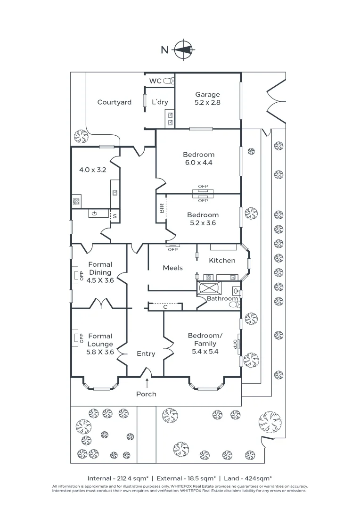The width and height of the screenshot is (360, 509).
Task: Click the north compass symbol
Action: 183,49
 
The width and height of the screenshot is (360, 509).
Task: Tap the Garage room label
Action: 207,94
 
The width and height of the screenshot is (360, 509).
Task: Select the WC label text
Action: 155,81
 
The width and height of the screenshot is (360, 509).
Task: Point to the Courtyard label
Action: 114,102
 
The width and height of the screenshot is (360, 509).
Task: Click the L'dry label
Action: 160,102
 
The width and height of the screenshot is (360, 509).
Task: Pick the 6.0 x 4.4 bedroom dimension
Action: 198,163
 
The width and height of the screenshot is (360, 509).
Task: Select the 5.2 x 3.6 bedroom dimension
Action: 203,223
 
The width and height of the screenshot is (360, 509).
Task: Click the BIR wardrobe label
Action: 162,208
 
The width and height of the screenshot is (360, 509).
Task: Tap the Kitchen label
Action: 222,260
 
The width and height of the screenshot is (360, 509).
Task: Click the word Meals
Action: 172,268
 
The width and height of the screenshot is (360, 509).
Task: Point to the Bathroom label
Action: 222,298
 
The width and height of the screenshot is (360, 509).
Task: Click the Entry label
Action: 146,353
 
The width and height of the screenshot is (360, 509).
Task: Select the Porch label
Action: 146,394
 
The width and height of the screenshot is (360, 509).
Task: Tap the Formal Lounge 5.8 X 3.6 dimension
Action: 100,352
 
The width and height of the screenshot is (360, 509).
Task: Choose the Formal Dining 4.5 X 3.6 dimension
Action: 100,280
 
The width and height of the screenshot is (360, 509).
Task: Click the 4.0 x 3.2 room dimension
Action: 92,170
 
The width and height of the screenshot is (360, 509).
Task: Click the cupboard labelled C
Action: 165,307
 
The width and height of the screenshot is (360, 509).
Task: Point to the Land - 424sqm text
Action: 248,477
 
